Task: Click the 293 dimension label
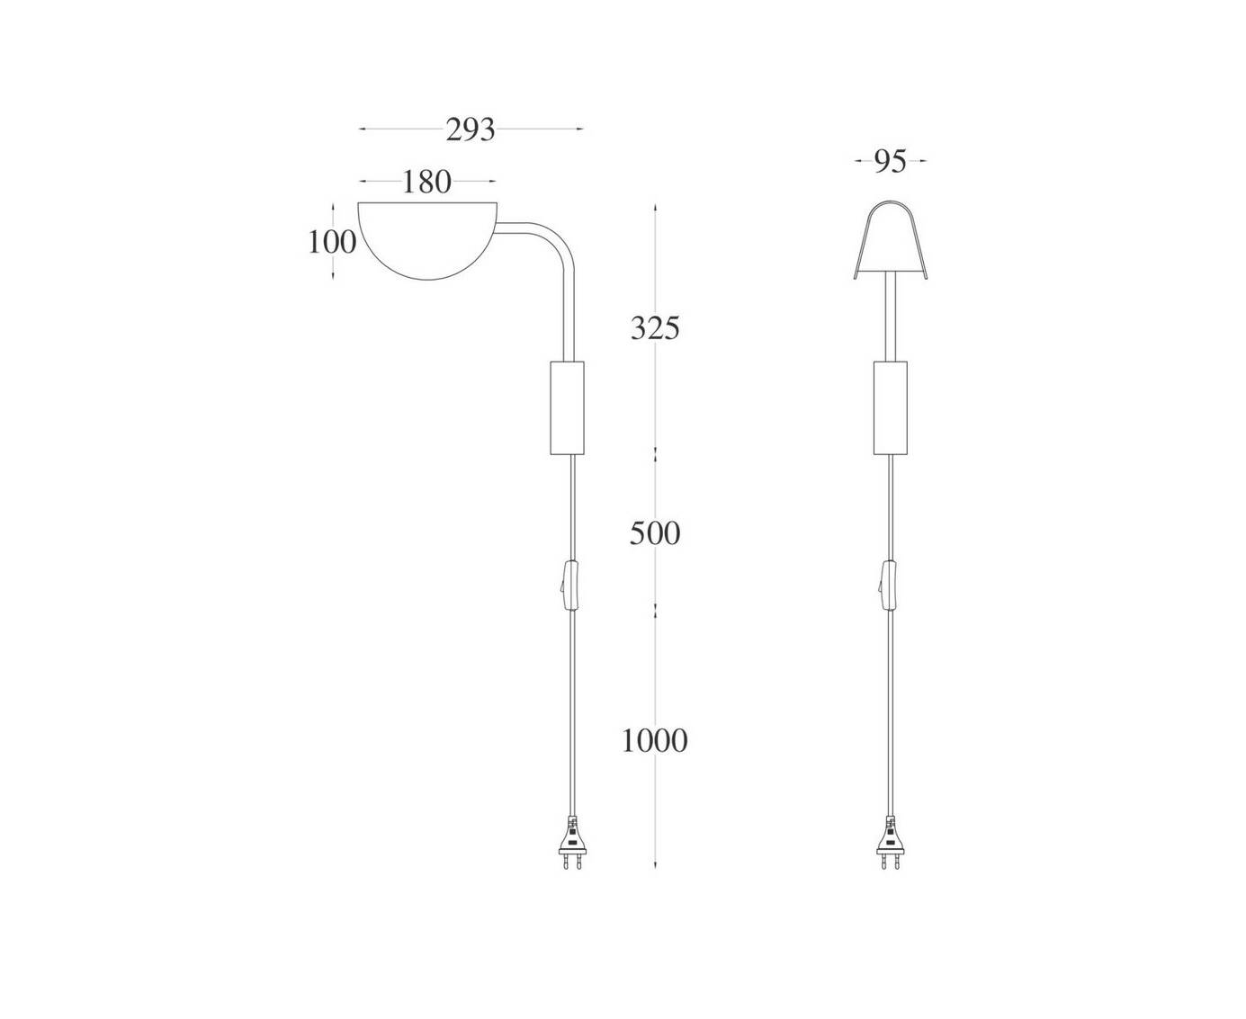pos(470,130)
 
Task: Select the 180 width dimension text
pos(426,182)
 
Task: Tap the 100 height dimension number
pos(332,242)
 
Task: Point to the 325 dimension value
pos(655,328)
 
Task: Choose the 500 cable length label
pos(655,534)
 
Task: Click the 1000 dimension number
pos(655,741)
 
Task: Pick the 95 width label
pos(890,161)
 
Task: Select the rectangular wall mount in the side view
pos(567,408)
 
